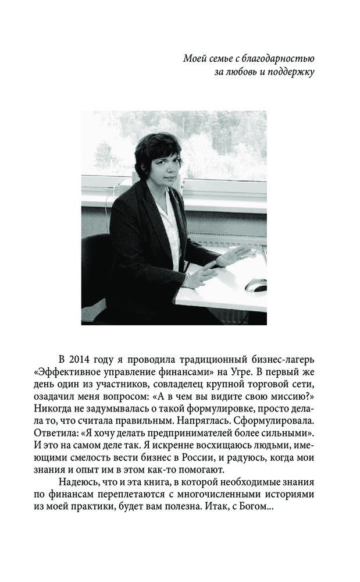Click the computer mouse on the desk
[256, 285]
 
